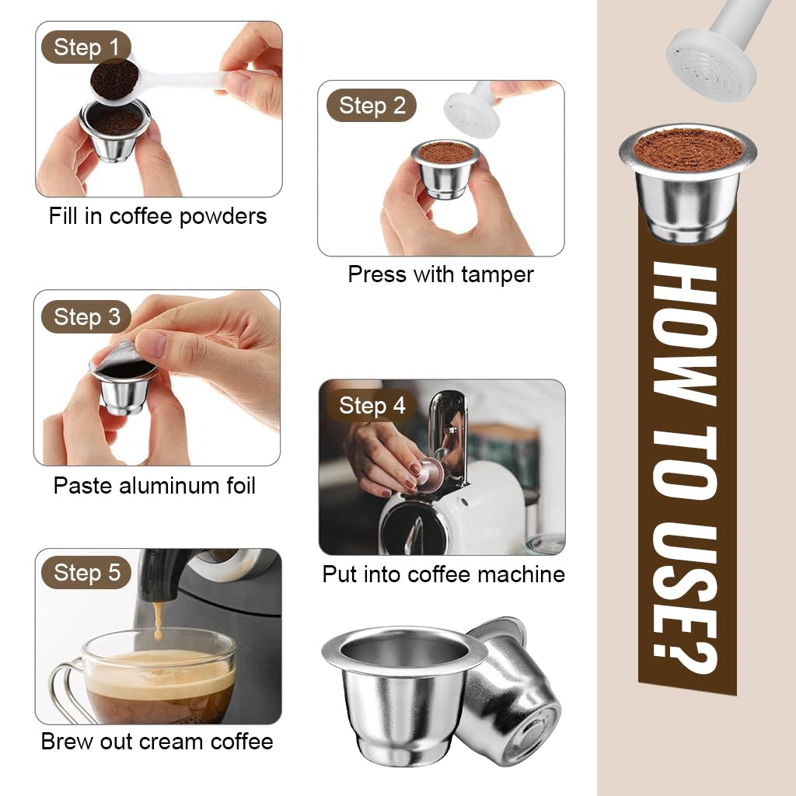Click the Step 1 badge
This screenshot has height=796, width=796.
86,48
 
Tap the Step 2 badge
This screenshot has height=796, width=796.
372,106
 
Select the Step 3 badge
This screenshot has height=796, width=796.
86,317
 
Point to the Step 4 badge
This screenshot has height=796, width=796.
372,406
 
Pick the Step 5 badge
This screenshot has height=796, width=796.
86,573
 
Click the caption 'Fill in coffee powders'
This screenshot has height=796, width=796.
158,215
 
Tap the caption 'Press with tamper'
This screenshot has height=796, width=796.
441,274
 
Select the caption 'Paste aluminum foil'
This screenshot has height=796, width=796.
154,486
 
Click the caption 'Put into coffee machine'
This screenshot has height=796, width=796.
443,574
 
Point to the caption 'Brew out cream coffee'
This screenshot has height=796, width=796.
157,741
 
